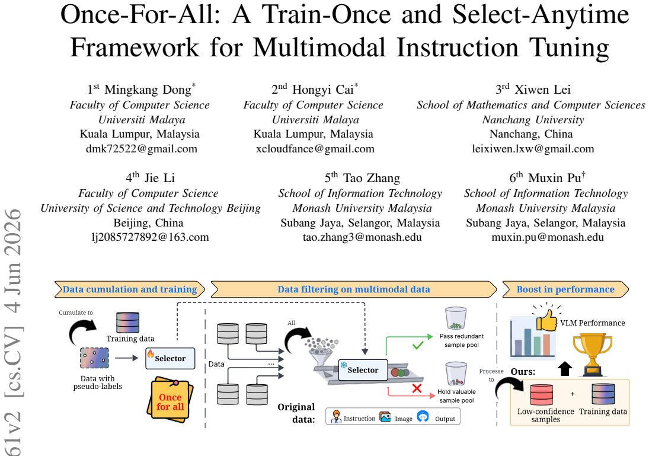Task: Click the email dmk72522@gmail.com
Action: pos(142,149)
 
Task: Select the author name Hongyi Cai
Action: pos(323,90)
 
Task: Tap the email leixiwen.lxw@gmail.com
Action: pos(533,149)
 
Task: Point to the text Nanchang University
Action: pos(533,120)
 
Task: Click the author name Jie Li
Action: pos(160,178)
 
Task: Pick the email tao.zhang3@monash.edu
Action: pos(362,237)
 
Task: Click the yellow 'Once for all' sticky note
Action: pos(171,400)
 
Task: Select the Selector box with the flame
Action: pos(170,358)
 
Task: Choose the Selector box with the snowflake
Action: pos(363,370)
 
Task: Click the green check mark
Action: pos(418,345)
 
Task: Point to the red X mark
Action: pos(417,388)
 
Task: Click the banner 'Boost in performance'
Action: pos(565,289)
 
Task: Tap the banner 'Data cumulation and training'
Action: pos(130,289)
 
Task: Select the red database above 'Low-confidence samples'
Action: pos(541,395)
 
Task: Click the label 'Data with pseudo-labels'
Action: pos(98,382)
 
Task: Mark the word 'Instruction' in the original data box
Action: pos(359,419)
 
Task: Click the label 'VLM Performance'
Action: pos(592,323)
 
